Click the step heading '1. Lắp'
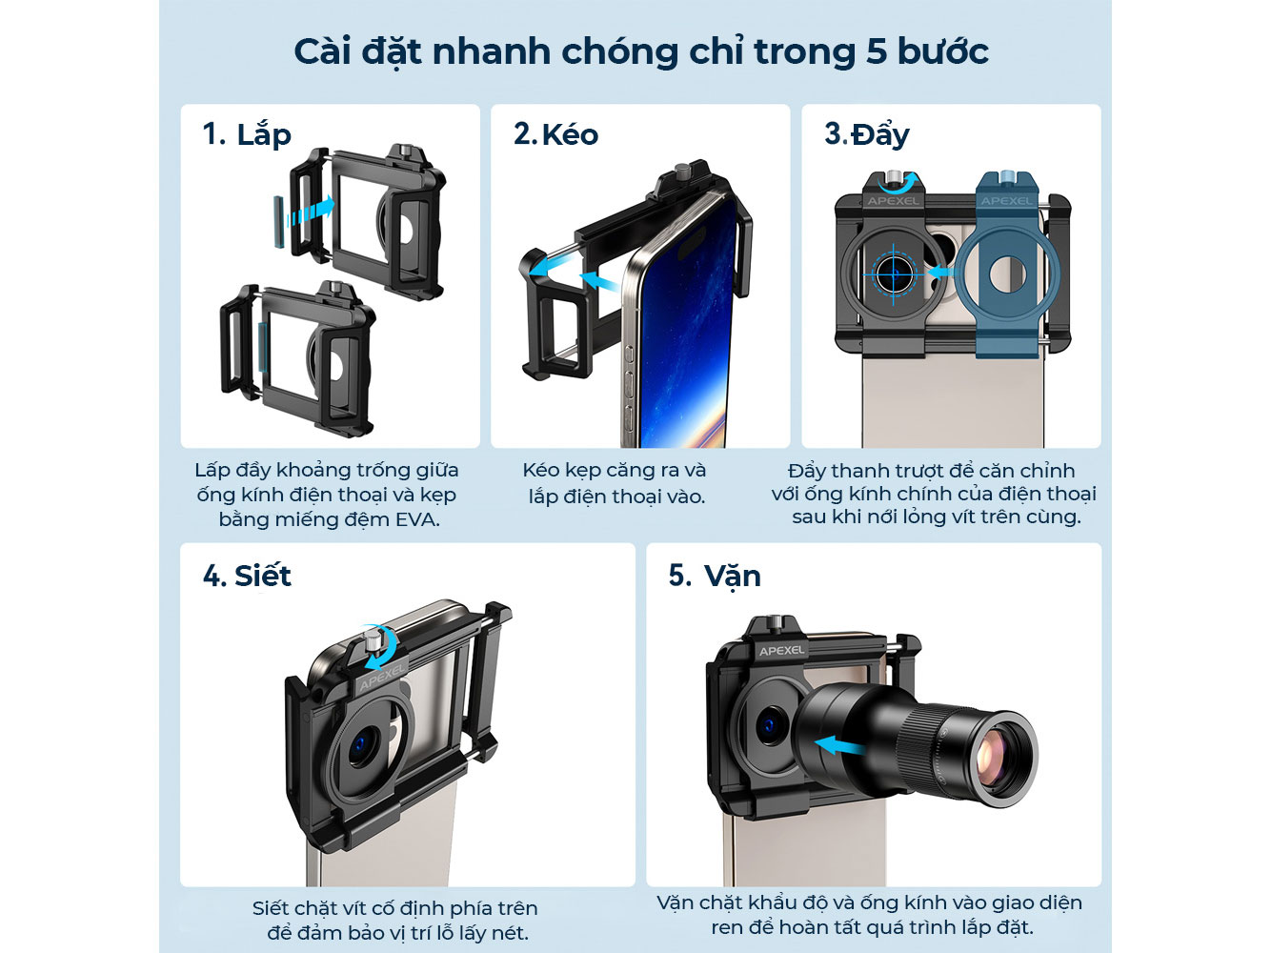tap(246, 134)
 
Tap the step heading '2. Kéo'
tap(555, 134)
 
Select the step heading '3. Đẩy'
tap(866, 134)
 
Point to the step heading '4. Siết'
tap(247, 576)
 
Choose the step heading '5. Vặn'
tap(714, 576)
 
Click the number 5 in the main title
tap(877, 51)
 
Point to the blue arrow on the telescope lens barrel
tap(838, 744)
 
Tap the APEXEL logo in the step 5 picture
tap(781, 651)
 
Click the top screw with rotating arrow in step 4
tap(374, 647)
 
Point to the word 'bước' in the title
tap(942, 51)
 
